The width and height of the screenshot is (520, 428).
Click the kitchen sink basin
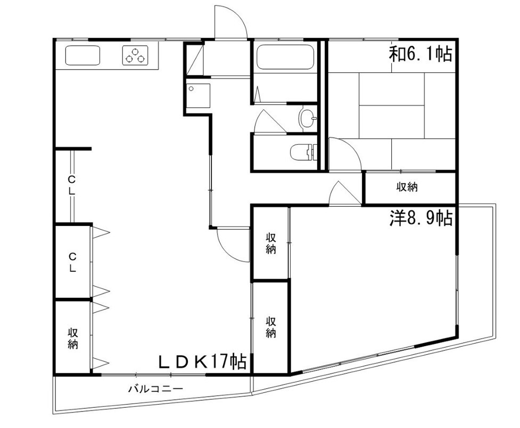tap(82, 55)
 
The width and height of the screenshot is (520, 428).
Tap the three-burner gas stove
tap(135, 55)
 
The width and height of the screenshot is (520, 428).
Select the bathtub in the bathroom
tap(285, 57)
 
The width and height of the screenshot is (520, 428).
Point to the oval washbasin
tap(307, 118)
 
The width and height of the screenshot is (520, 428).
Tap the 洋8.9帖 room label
tap(421, 217)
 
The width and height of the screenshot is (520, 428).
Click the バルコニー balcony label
tap(155, 388)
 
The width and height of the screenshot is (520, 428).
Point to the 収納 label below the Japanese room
tap(407, 187)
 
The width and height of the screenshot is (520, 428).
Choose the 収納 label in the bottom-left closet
tap(72, 338)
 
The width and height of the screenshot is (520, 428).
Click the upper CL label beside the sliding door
tap(72, 186)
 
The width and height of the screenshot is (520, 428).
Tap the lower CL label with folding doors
tap(72, 262)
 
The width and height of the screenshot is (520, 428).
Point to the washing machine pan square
tap(199, 96)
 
